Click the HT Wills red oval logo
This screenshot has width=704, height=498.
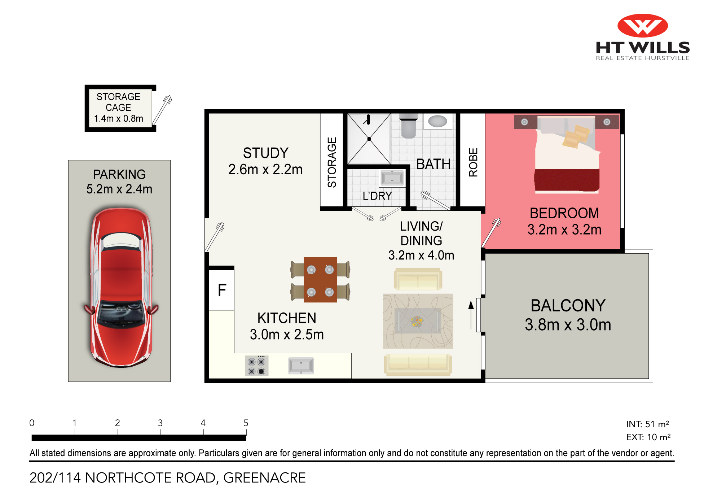(642, 26)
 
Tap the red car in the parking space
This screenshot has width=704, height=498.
(121, 287)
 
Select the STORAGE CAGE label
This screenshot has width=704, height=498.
(118, 102)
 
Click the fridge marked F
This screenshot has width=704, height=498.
(222, 290)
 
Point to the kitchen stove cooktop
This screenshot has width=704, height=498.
(257, 366)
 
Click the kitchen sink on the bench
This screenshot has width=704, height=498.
(301, 366)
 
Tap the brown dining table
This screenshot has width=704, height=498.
(320, 280)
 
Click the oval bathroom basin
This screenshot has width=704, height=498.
(437, 121)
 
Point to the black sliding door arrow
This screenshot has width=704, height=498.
(471, 315)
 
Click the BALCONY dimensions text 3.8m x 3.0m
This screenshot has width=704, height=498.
(568, 325)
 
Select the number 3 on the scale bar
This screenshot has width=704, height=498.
(160, 423)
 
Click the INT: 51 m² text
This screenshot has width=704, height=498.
(648, 424)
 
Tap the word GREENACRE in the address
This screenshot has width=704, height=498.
(264, 478)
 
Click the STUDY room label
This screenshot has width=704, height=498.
(266, 153)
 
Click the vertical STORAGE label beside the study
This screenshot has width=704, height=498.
(332, 162)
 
